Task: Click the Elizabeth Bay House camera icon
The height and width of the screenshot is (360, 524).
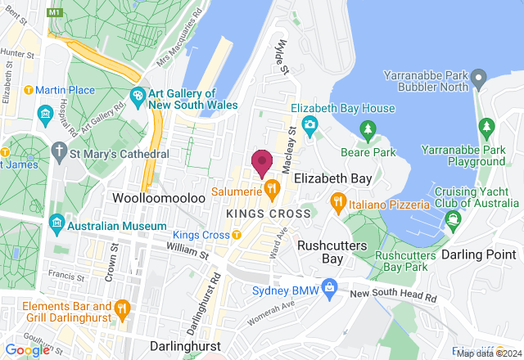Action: (310, 124)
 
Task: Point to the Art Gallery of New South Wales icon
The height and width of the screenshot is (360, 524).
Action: (138, 97)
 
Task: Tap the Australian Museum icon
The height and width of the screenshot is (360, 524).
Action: (56, 222)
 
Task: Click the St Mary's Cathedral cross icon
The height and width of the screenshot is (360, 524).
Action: (58, 151)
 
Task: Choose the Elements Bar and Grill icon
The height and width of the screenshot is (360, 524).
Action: (123, 308)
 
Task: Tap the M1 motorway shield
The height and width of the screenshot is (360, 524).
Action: (56, 14)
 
